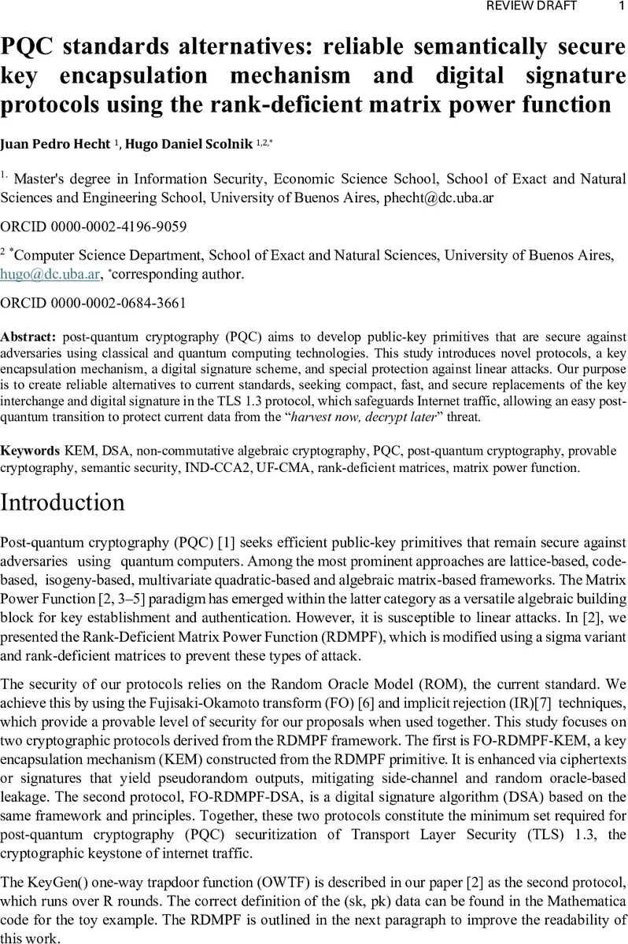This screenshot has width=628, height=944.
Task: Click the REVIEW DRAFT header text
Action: coord(533,6)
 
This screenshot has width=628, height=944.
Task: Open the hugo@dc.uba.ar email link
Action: coord(38,274)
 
